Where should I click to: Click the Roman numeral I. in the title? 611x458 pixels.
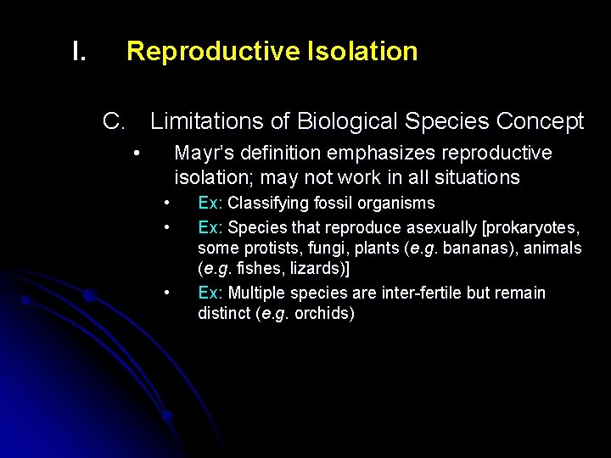click(x=79, y=52)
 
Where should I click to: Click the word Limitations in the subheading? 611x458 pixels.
click(x=207, y=122)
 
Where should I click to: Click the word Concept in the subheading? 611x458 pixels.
click(x=540, y=122)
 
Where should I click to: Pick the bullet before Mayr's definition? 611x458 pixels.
click(x=136, y=154)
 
